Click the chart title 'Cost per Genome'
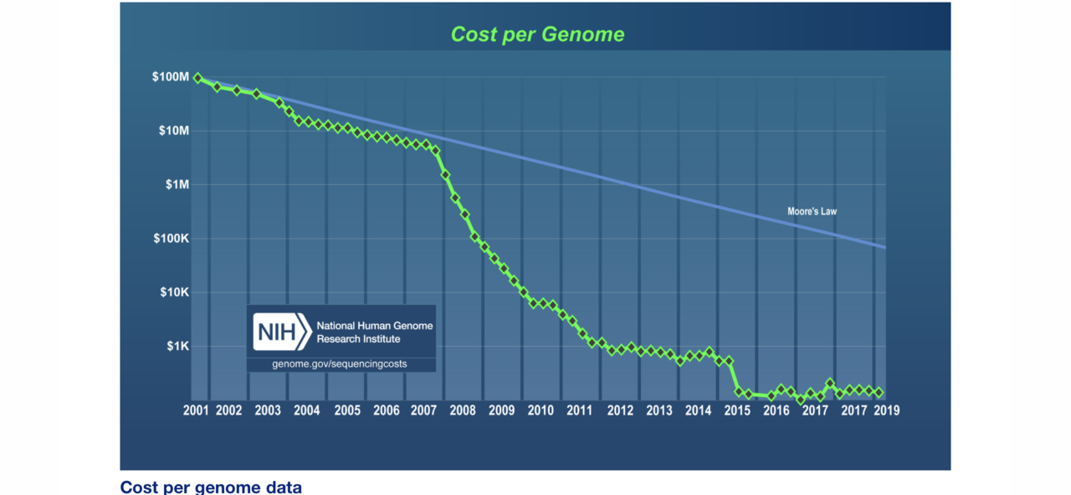537,34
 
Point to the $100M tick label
171,77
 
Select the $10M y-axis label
173,131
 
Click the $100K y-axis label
172,239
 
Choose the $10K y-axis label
174,292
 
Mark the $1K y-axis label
177,346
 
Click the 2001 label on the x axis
195,410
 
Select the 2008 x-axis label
462,410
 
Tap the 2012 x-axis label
620,410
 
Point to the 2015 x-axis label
737,410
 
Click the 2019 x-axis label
886,410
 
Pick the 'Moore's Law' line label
812,212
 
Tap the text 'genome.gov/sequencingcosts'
340,365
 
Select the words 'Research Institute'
358,339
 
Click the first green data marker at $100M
197,78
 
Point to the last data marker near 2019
879,392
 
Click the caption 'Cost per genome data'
211,487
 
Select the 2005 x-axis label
346,410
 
